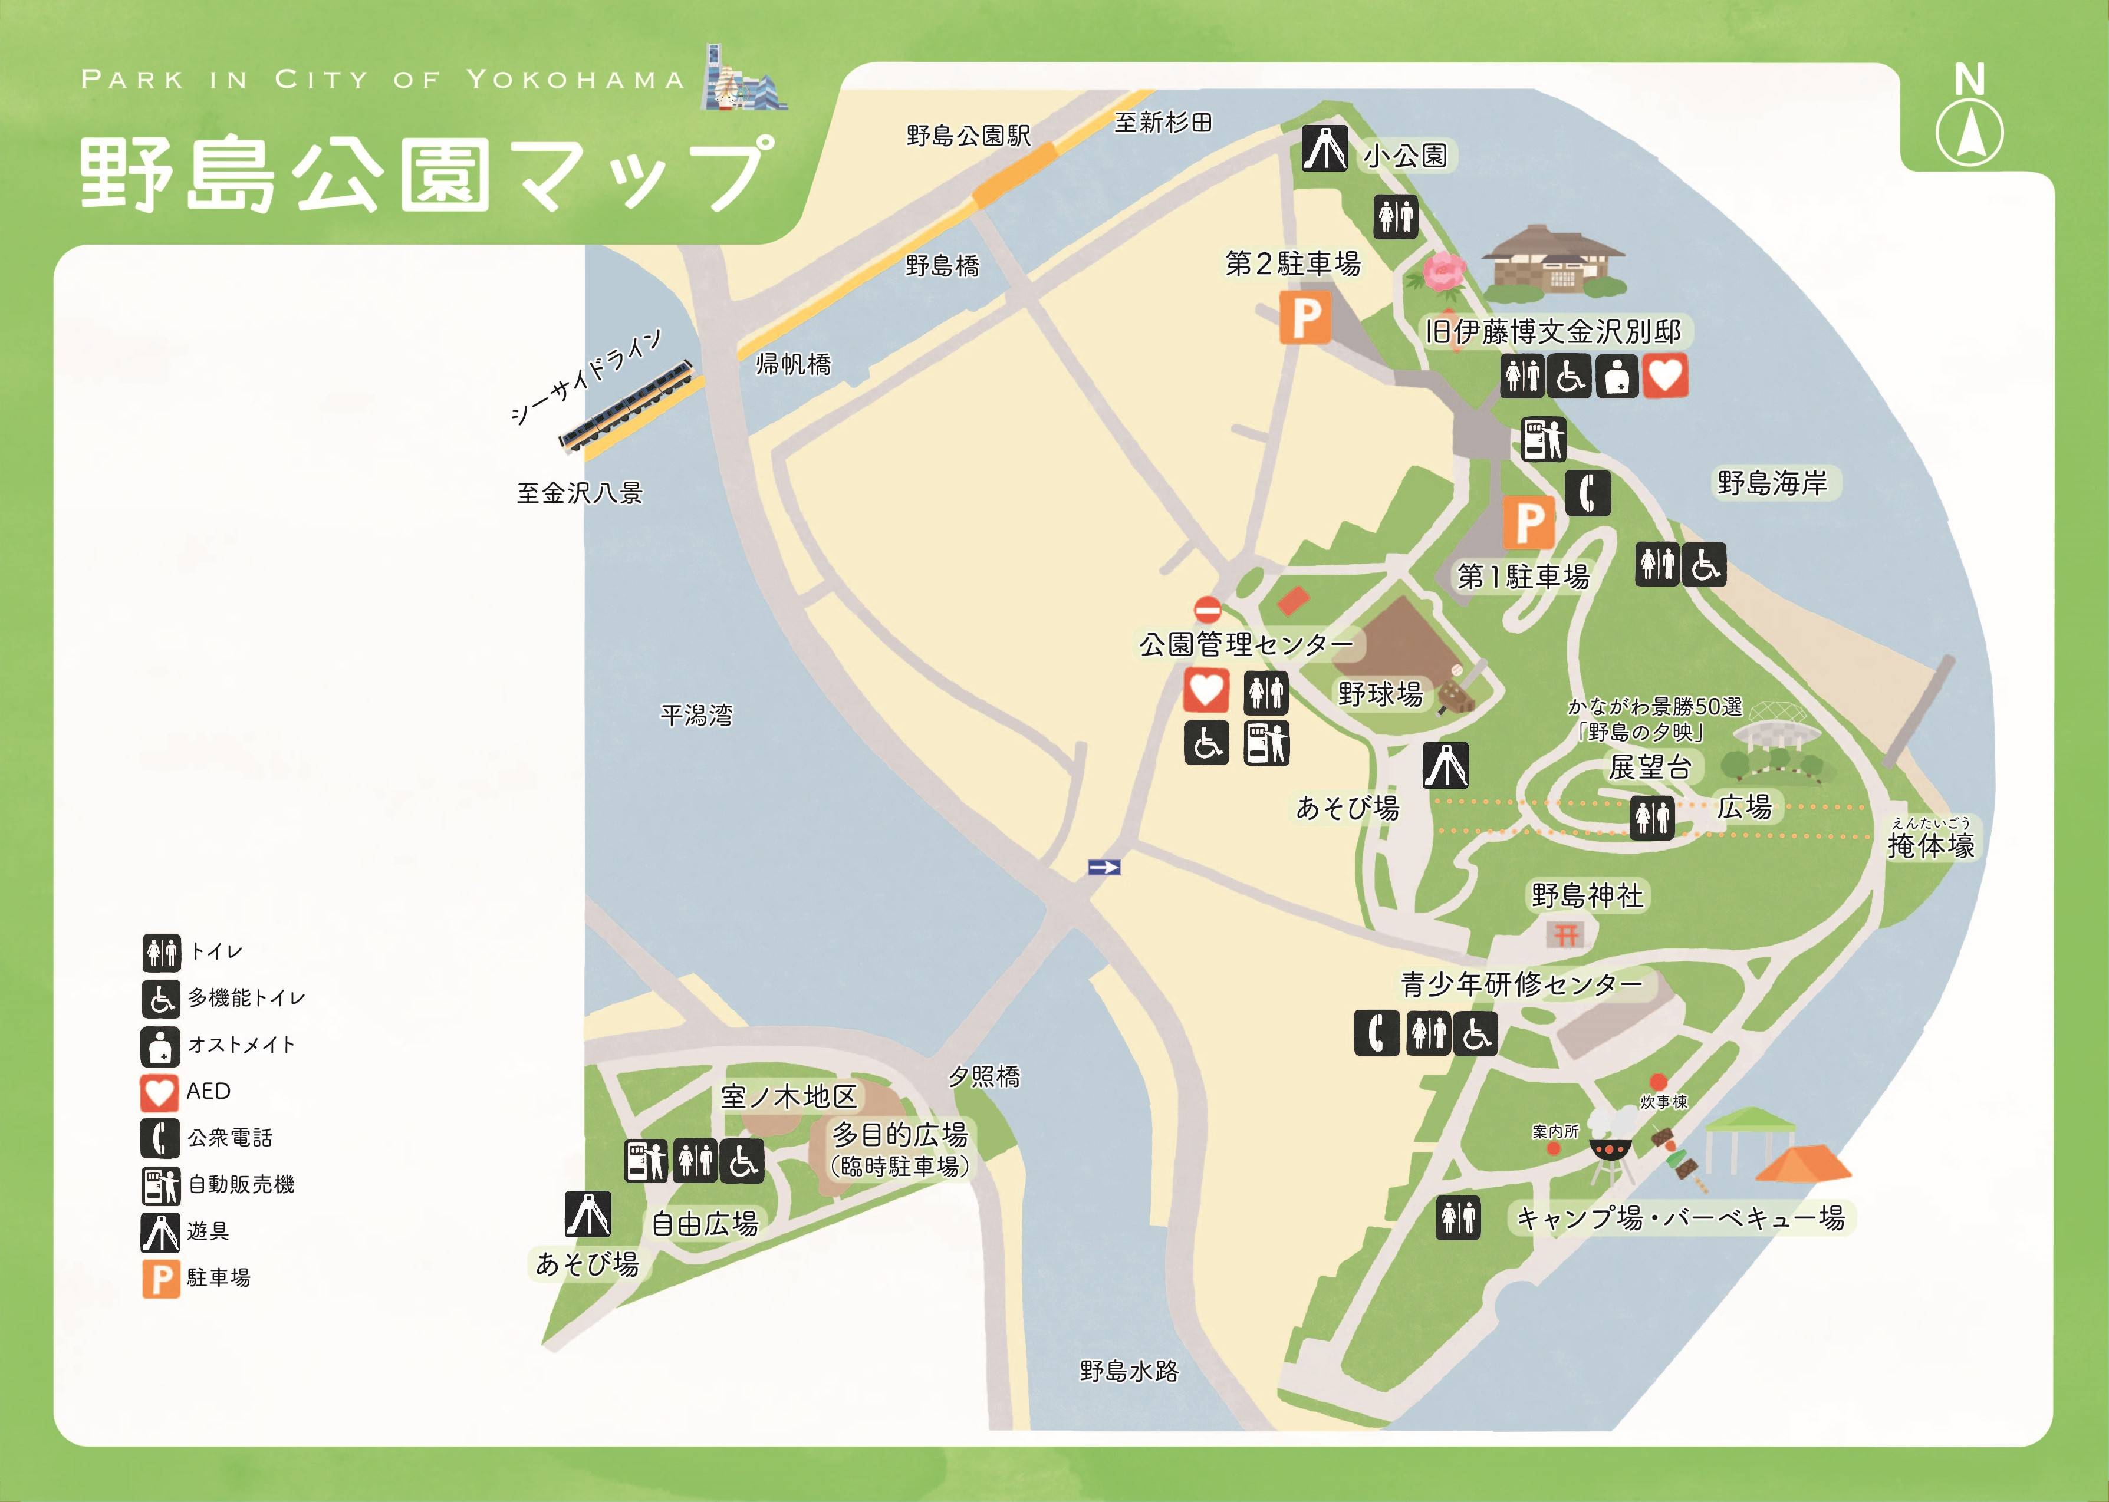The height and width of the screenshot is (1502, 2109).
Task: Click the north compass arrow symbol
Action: [x=1969, y=132]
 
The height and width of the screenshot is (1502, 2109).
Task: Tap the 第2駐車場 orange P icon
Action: [x=1305, y=317]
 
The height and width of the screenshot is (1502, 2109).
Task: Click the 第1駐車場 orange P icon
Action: [x=1528, y=522]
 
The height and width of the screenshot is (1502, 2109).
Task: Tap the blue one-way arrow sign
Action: [x=1104, y=867]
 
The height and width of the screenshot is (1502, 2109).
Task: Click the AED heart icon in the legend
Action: [x=159, y=1092]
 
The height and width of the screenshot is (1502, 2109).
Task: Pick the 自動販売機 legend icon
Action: [x=159, y=1185]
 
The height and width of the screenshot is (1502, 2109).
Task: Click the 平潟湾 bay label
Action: [x=696, y=715]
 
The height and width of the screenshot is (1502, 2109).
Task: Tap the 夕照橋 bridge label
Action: [x=984, y=1076]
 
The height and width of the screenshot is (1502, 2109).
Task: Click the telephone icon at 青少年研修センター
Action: [x=1376, y=1033]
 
